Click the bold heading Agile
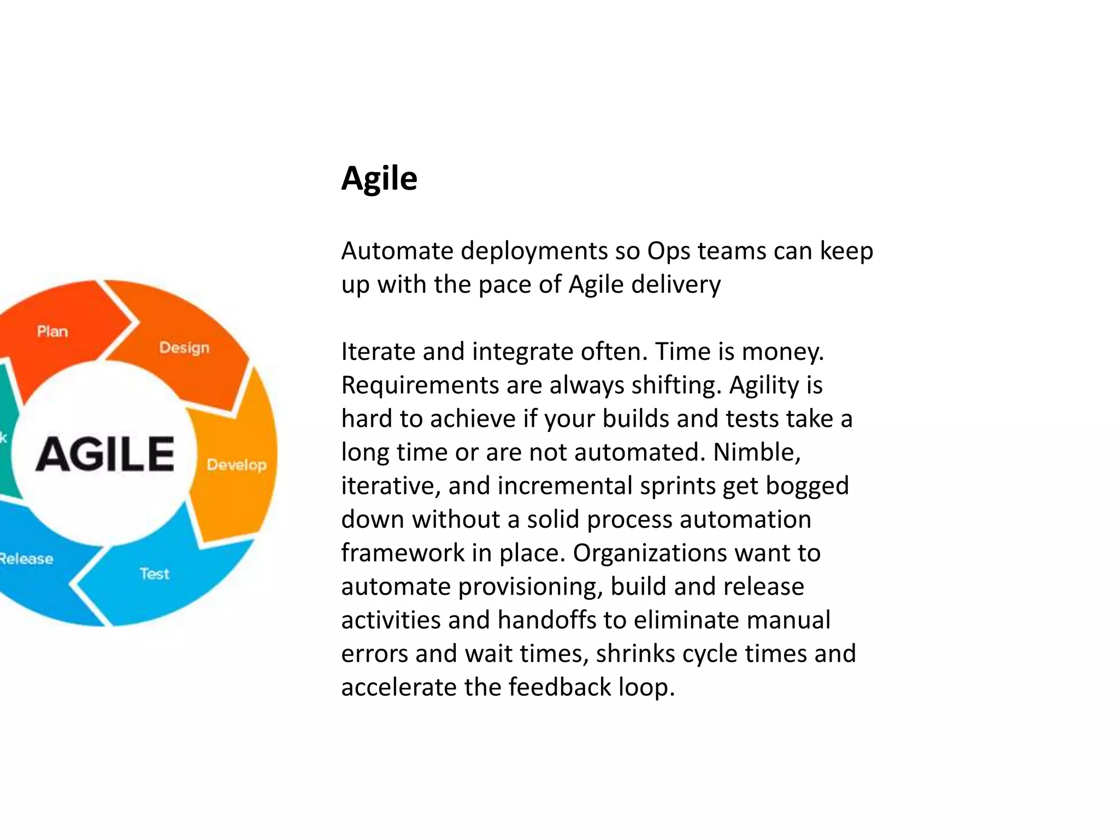(379, 179)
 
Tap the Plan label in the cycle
(52, 332)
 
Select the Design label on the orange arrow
(184, 348)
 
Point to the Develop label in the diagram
(237, 465)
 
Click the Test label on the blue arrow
(155, 574)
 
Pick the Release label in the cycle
(26, 559)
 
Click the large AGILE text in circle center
(105, 454)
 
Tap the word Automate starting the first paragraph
(397, 251)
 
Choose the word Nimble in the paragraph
(757, 452)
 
